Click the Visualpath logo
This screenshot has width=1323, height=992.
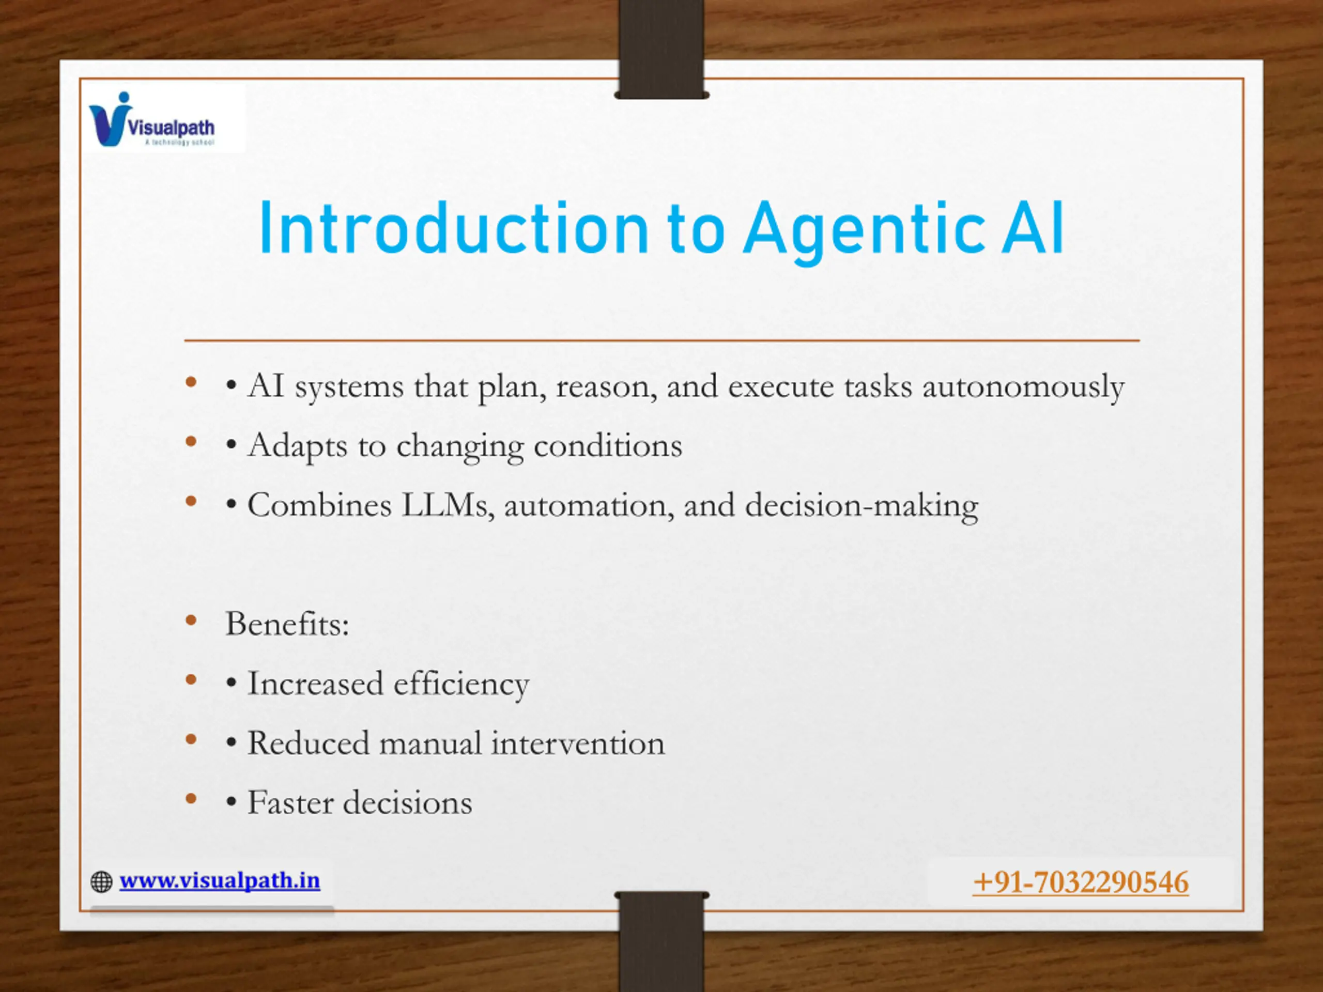coord(152,119)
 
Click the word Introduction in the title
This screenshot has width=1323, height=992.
coord(454,229)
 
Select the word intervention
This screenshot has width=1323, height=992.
coord(578,743)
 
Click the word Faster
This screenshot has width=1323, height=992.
coord(290,803)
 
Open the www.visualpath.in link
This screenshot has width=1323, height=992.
coord(220,880)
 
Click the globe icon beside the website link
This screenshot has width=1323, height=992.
coord(102,882)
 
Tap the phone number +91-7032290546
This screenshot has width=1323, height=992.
coord(1081,882)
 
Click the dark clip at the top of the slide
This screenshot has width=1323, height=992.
coord(661,50)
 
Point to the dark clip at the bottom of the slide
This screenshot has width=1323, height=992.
coord(661,941)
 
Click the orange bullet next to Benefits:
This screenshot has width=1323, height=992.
coord(191,621)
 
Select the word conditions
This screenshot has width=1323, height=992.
coord(608,446)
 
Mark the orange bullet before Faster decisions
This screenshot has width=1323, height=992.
coord(191,799)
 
